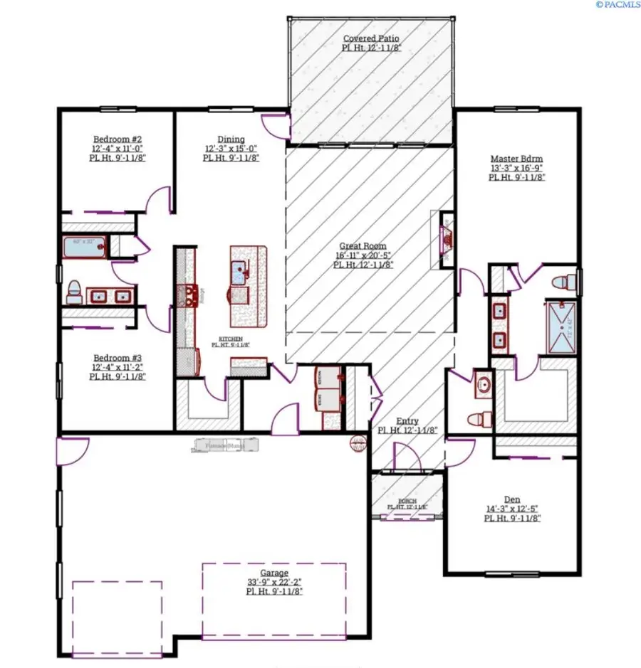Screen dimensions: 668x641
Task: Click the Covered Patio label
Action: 371,38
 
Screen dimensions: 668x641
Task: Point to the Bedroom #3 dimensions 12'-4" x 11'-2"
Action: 118,367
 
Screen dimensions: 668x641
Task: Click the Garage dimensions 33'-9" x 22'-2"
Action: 274,582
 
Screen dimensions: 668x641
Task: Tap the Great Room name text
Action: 363,246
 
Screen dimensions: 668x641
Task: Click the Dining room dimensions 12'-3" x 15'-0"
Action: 231,149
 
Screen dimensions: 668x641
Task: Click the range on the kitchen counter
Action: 188,294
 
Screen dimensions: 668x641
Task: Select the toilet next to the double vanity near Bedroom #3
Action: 74,292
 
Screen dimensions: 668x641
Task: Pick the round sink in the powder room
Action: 484,385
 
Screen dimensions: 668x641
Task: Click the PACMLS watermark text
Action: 617,5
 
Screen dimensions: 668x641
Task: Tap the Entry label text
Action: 407,421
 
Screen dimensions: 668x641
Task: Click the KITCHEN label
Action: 230,339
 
